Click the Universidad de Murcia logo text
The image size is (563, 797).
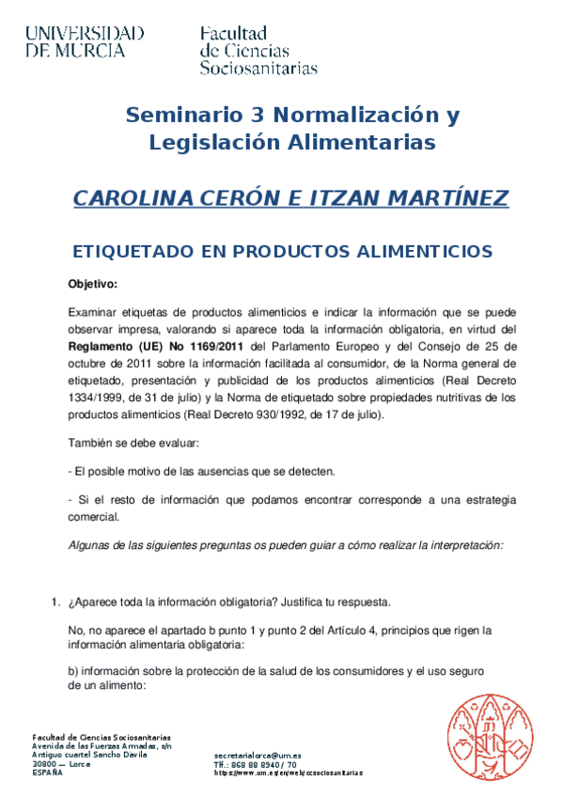tap(85, 42)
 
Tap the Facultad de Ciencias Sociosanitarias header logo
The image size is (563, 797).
tap(258, 51)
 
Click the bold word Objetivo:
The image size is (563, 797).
tap(92, 284)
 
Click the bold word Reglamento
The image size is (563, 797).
tap(101, 345)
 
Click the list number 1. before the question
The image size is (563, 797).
tap(55, 602)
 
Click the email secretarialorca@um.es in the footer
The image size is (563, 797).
tap(258, 755)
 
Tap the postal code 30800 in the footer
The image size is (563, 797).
tap(45, 764)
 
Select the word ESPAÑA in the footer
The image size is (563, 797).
tap(47, 772)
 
